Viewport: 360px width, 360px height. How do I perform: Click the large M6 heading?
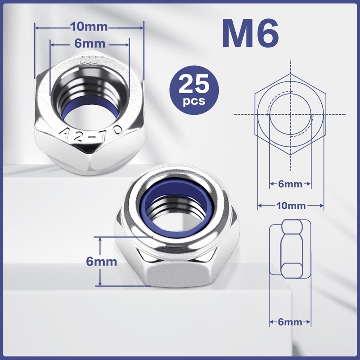click(x=250, y=34)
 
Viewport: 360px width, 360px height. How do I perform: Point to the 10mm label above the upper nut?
click(x=89, y=27)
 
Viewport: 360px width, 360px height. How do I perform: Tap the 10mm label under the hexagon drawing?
click(x=291, y=206)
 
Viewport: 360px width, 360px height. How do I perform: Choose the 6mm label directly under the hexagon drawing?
click(x=291, y=184)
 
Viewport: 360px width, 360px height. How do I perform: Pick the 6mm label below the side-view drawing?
click(x=290, y=322)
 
